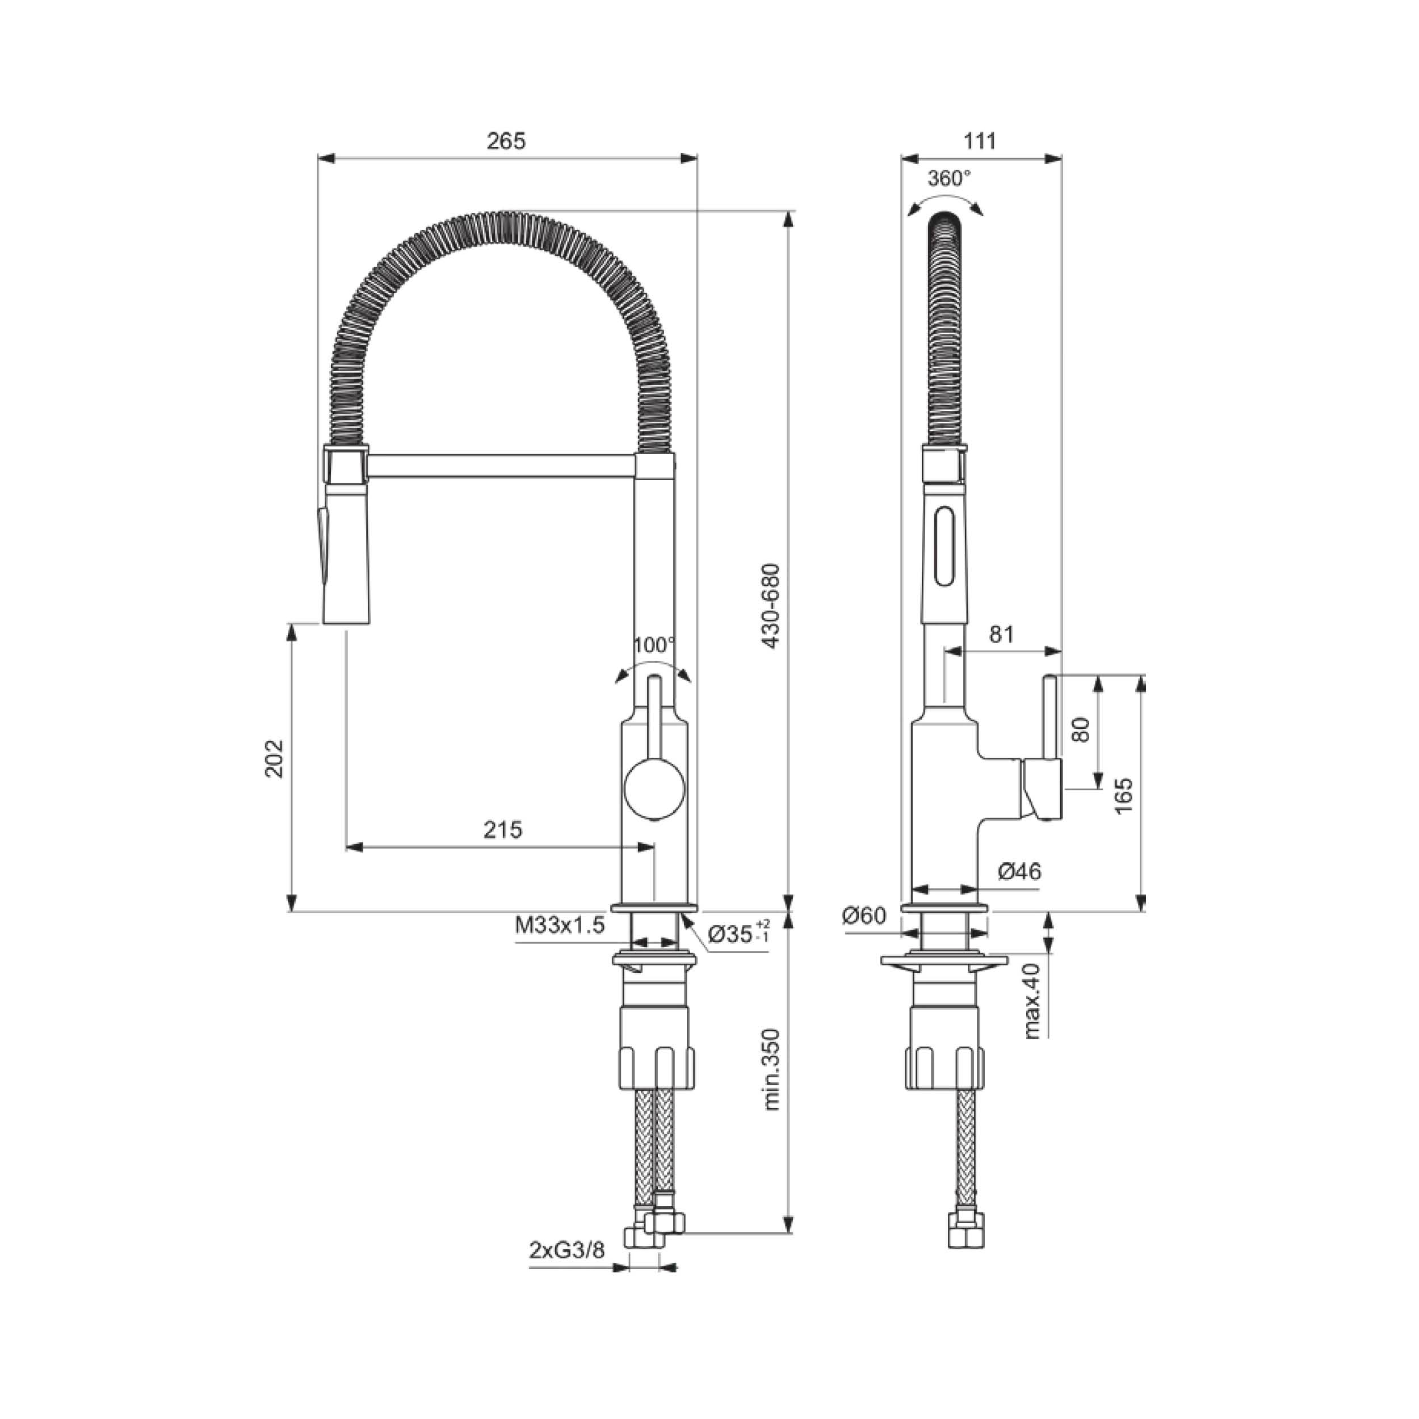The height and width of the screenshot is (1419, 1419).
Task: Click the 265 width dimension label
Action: [x=506, y=141]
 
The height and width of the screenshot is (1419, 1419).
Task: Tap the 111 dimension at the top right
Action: [x=980, y=141]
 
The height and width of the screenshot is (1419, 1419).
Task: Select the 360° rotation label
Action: [x=949, y=178]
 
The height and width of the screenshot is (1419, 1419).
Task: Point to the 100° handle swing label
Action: [x=654, y=645]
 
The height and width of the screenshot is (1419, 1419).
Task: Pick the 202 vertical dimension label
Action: [x=274, y=759]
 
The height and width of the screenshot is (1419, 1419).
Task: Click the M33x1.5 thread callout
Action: [x=560, y=925]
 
